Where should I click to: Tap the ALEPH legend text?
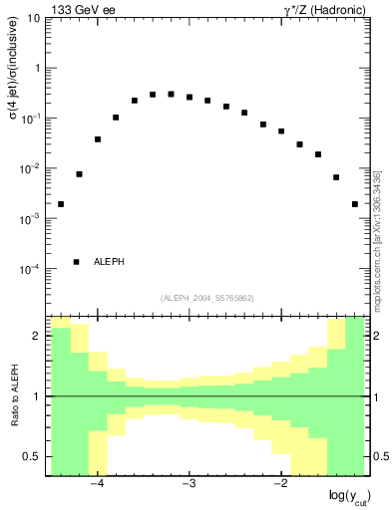pyautogui.click(x=109, y=262)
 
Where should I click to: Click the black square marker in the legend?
pyautogui.click(x=76, y=262)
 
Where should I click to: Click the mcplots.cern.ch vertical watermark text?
pyautogui.click(x=377, y=239)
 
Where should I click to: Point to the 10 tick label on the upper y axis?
pyautogui.click(x=34, y=18)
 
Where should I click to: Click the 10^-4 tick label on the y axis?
pyautogui.click(x=30, y=268)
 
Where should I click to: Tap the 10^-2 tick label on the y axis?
pyautogui.click(x=30, y=168)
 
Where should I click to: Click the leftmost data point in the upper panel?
pyautogui.click(x=61, y=204)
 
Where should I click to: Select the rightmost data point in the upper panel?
pyautogui.click(x=355, y=204)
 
